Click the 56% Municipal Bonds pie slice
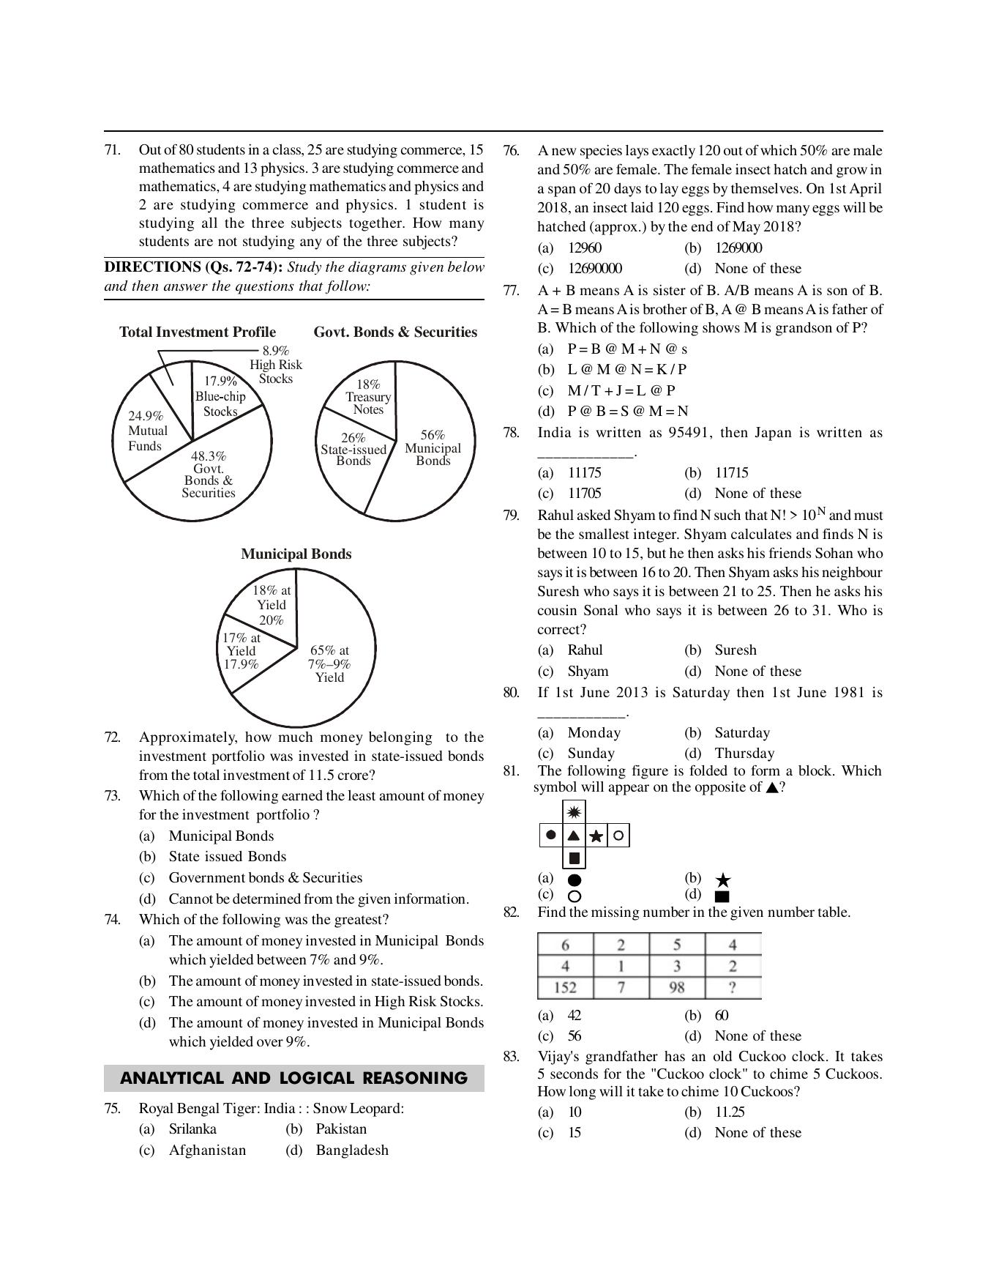click(433, 448)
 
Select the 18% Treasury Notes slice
click(368, 397)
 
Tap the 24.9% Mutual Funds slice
click(147, 431)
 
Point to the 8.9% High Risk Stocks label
click(275, 365)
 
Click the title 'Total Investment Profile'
click(198, 332)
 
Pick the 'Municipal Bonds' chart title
click(296, 554)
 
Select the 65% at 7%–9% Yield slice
click(329, 663)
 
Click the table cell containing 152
click(565, 987)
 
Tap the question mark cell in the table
click(733, 987)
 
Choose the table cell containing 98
click(677, 987)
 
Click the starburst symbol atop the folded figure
click(575, 811)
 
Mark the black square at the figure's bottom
click(575, 858)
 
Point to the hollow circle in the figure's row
click(618, 835)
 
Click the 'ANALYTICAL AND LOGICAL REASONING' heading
click(293, 1078)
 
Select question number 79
click(511, 516)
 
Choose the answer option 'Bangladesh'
click(352, 1150)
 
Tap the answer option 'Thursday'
click(744, 753)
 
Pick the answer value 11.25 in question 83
click(730, 1112)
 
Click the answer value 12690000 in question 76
click(595, 268)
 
